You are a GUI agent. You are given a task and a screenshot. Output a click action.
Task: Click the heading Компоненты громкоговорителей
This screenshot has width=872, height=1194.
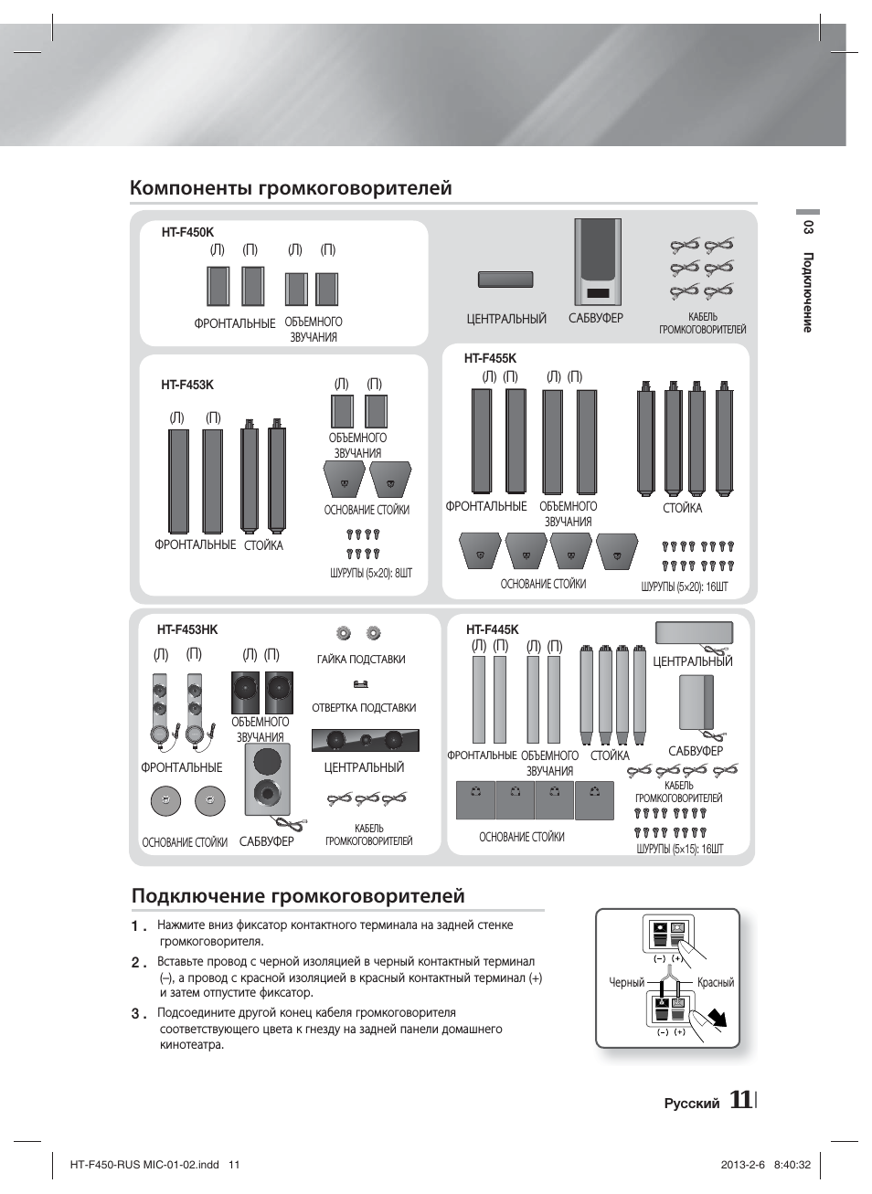pos(291,188)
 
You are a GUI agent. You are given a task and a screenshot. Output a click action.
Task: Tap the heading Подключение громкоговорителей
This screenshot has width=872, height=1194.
pos(298,896)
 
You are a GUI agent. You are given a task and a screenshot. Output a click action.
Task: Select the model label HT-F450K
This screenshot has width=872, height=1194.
pos(187,233)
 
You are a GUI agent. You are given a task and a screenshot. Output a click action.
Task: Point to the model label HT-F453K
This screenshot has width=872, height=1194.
pos(187,385)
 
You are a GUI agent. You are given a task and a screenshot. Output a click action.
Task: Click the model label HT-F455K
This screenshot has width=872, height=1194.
pos(490,359)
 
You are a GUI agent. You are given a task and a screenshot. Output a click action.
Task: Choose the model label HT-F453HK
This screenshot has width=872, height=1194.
pos(187,629)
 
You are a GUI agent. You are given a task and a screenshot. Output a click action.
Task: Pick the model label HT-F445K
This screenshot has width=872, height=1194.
pos(492,629)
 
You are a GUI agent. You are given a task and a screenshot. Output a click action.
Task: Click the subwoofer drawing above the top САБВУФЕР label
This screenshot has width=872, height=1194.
pos(598,261)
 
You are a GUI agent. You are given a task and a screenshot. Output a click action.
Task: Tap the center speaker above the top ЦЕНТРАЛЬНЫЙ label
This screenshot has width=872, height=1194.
pos(505,280)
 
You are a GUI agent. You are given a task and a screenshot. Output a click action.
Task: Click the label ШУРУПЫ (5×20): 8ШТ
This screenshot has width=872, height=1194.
pos(371,573)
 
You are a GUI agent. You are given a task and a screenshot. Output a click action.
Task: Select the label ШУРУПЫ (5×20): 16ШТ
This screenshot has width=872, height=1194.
pos(685,586)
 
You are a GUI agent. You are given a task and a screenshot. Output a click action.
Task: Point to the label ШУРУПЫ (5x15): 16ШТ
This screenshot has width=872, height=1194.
pos(679,849)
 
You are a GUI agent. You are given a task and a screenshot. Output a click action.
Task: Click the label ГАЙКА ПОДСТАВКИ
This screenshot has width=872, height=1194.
pos(361,660)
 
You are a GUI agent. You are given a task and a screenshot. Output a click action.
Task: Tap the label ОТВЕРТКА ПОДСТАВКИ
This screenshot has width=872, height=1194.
pos(364,708)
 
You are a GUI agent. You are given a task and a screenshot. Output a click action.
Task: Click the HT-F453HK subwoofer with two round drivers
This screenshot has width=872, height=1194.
pos(268,778)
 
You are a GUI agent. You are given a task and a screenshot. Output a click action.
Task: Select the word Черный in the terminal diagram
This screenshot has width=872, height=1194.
pos(627,983)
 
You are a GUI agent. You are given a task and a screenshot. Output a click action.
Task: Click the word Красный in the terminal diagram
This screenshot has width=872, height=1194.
pos(716,983)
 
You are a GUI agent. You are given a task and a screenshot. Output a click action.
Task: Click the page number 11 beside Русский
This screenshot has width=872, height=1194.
pos(740,1101)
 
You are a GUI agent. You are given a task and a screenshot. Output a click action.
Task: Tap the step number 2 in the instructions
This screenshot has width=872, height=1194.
pos(137,962)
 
